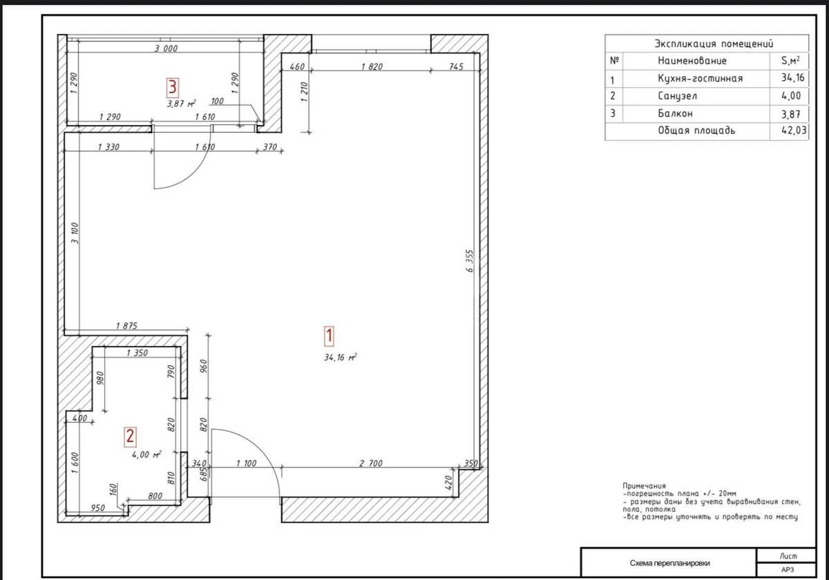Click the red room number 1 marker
[x=330, y=336]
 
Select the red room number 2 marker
[x=130, y=435]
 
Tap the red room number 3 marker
[x=172, y=86]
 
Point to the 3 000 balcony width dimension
[x=166, y=48]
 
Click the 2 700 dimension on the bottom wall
[x=371, y=463]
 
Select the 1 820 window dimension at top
[x=372, y=66]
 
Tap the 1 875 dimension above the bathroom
[x=126, y=326]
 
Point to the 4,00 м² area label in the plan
[x=146, y=455]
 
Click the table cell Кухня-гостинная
[x=700, y=78]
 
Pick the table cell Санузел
[x=682, y=96]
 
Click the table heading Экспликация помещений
[x=713, y=43]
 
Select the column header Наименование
[x=692, y=61]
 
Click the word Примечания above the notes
[x=644, y=486]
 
